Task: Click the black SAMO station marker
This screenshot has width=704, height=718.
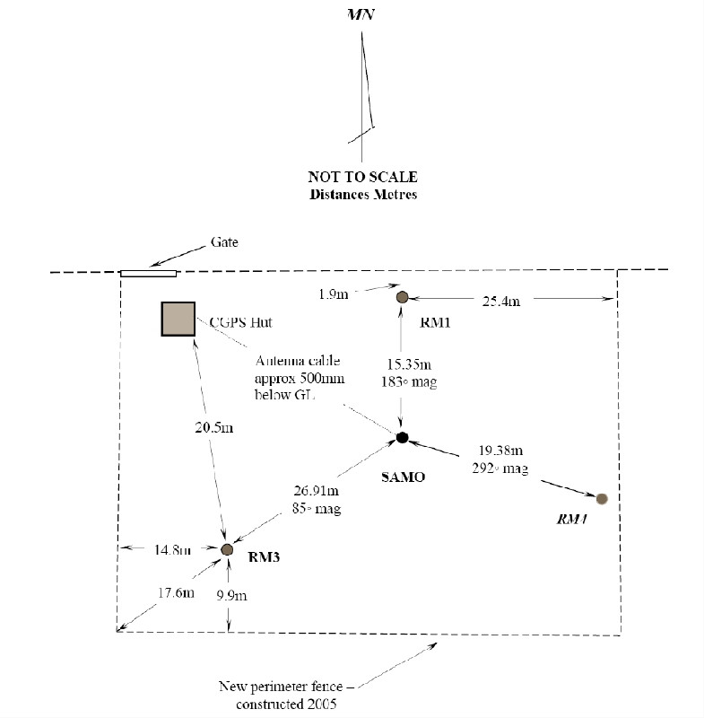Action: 403,437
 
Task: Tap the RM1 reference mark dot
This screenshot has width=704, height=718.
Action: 403,297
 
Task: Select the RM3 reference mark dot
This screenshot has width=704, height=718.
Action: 227,548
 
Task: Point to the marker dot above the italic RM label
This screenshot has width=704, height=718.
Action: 602,498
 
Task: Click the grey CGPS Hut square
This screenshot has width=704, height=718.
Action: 178,319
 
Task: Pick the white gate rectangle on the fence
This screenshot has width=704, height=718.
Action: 149,272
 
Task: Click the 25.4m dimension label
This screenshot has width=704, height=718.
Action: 500,302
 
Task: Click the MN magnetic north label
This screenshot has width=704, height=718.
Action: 361,16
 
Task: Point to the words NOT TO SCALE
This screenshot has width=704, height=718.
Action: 361,177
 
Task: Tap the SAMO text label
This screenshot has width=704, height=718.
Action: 402,477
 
